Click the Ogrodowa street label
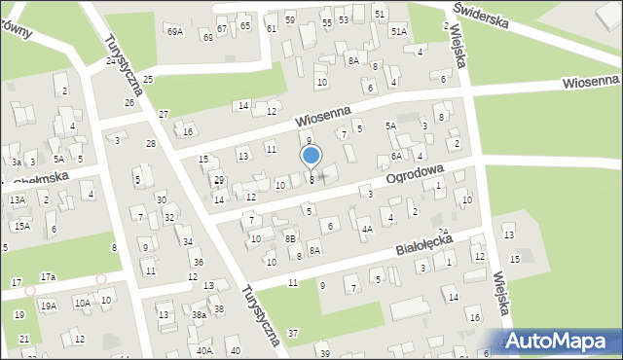[x=415, y=175]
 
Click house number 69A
[x=174, y=32]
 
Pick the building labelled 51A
[x=399, y=32]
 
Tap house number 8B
[x=290, y=237]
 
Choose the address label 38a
[x=199, y=315]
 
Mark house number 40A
[x=203, y=350]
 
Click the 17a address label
[x=48, y=277]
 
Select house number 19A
[x=48, y=306]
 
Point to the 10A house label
[x=83, y=304]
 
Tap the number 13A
[x=17, y=199]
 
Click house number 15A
[x=21, y=226]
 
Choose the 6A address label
[x=396, y=156]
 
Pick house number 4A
[x=366, y=230]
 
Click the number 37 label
[x=292, y=334]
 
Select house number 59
[x=289, y=19]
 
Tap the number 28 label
[x=150, y=144]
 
